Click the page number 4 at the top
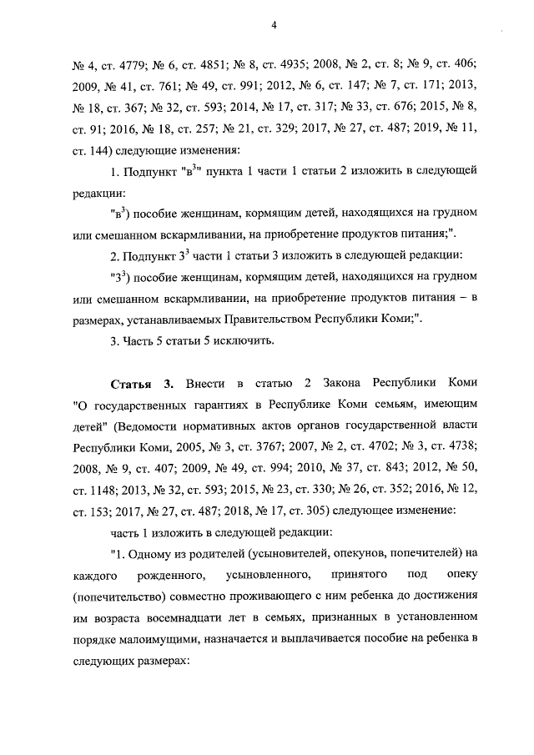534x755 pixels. coord(273,26)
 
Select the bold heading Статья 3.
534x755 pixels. coord(142,383)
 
